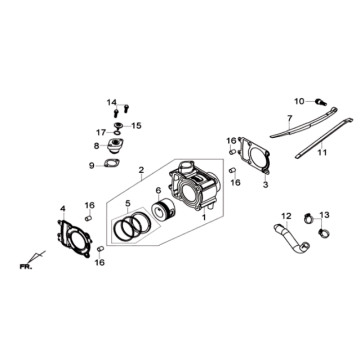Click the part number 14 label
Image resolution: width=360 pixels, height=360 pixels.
[x=113, y=103]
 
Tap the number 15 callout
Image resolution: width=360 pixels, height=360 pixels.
[x=137, y=125]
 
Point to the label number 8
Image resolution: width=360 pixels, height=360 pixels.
[x=96, y=147]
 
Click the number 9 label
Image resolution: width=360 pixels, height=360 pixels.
[x=91, y=166]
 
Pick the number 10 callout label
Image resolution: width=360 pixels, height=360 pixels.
[x=298, y=101]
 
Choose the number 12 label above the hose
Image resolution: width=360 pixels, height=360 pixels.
[x=285, y=215]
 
